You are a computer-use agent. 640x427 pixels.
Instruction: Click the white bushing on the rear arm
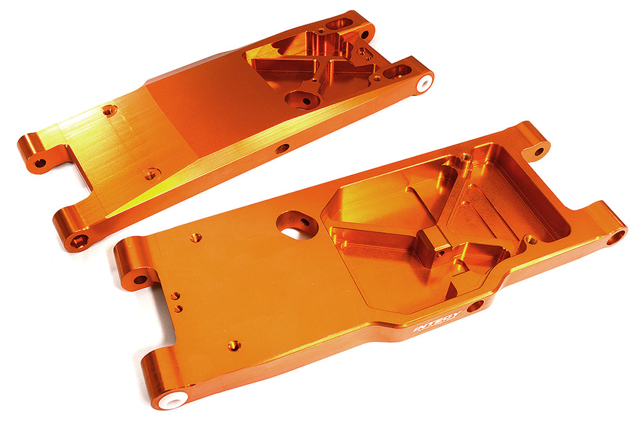click(424, 84)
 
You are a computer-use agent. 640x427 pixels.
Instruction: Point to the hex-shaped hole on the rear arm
click(79, 241)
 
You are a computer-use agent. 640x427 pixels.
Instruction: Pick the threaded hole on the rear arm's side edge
click(282, 149)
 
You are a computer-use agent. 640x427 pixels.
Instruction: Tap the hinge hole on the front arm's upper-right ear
click(539, 151)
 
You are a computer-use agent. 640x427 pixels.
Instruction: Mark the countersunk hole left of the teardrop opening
click(195, 238)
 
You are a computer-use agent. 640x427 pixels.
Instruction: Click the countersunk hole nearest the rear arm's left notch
click(151, 173)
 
